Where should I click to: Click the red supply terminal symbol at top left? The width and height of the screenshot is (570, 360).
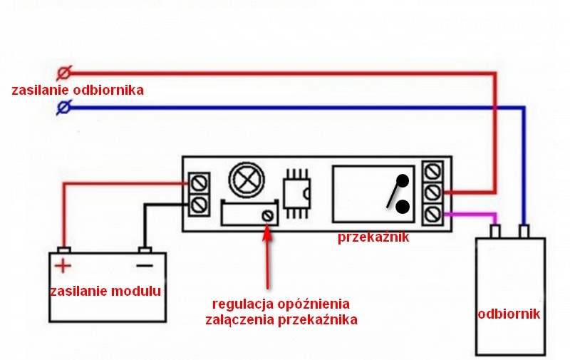click(x=63, y=73)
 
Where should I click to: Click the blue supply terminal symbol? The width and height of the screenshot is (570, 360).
click(x=63, y=108)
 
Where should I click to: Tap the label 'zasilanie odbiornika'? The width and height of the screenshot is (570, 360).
click(x=78, y=91)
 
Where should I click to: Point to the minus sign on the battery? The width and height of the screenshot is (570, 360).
click(x=145, y=266)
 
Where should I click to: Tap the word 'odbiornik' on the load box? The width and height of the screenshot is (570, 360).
click(x=511, y=313)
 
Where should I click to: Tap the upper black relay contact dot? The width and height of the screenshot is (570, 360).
click(x=403, y=180)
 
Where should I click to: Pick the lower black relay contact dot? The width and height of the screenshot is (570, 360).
click(x=402, y=207)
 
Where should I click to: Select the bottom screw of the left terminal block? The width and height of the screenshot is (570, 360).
click(x=199, y=205)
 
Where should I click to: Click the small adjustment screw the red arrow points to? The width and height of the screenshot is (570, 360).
click(x=268, y=215)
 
